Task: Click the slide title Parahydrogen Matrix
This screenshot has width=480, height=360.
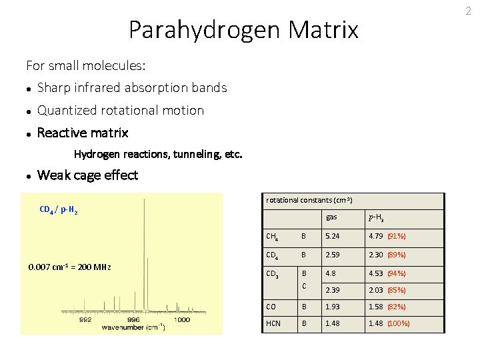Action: (243, 30)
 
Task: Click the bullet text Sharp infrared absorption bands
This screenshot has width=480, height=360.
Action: (132, 87)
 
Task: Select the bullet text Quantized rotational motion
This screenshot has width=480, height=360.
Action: (121, 110)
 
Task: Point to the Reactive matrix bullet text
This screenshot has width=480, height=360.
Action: (83, 133)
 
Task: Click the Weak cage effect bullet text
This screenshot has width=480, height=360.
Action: (87, 175)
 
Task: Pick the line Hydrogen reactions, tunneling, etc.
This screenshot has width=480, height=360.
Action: (158, 154)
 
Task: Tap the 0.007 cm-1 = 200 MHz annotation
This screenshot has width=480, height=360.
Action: (69, 267)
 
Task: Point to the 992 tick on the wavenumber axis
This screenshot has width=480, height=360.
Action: (86, 319)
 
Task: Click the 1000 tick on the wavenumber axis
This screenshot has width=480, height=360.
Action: (181, 319)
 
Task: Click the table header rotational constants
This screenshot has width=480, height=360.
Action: (309, 200)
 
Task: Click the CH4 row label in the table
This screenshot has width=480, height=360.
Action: (272, 236)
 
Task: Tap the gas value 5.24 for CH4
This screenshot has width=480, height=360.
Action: (333, 236)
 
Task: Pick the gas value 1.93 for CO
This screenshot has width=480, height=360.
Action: (333, 307)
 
